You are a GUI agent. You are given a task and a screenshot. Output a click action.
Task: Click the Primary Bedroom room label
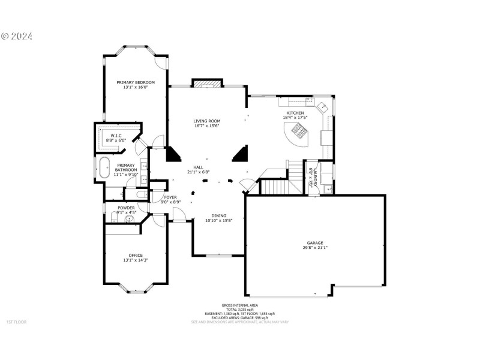click(136, 82)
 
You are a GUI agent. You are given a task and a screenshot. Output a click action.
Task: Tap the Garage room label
click(315, 243)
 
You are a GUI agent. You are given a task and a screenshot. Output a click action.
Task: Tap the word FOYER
click(170, 197)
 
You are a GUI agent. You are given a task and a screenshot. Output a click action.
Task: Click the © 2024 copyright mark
click(17, 36)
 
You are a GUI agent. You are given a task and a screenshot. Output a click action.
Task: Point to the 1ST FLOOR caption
click(16, 322)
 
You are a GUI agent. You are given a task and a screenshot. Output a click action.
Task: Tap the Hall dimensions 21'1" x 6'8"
click(198, 172)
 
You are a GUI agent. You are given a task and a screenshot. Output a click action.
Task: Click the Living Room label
click(206, 121)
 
